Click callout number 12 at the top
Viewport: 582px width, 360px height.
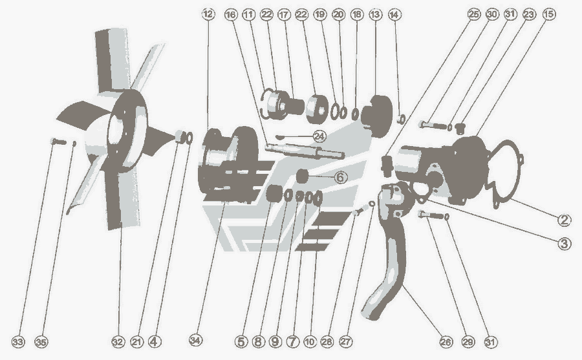(x=208, y=14)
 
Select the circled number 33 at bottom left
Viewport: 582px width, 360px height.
(x=18, y=342)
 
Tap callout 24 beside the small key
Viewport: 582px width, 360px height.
(x=319, y=136)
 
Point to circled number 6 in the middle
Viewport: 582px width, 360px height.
(x=341, y=177)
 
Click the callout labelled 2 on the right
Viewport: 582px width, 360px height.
(x=564, y=220)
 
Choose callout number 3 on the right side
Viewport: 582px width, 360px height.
(x=564, y=244)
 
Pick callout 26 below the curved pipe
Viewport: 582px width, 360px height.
(x=446, y=342)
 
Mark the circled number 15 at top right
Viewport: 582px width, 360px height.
(x=549, y=14)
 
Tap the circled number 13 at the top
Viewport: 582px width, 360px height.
(x=375, y=14)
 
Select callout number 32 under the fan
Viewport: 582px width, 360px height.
(x=118, y=342)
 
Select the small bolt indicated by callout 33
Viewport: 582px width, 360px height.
(x=58, y=142)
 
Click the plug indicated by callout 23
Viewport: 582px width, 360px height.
(x=460, y=129)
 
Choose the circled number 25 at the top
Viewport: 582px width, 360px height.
(x=473, y=14)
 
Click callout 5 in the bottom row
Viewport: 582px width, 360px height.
(x=241, y=342)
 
